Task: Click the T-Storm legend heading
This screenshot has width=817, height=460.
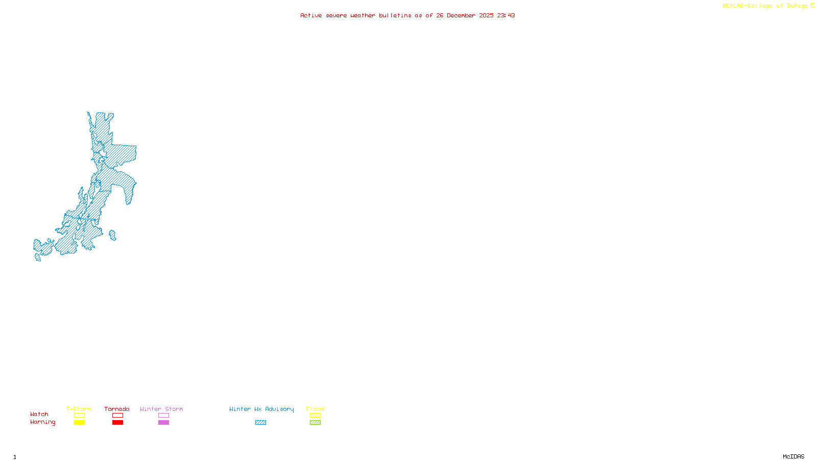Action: coord(79,409)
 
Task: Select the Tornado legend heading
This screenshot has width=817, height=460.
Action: coord(117,409)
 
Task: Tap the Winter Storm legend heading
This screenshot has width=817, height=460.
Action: coord(161,409)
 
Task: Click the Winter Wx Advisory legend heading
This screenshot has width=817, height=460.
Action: coord(261,409)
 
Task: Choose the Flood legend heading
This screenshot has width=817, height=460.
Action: coord(315,409)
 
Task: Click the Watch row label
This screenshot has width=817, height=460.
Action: coord(39,414)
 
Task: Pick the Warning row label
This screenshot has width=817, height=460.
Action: coord(43,422)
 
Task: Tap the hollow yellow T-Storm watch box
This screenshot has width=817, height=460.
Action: coord(79,416)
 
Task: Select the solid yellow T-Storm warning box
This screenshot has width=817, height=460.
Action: coord(79,423)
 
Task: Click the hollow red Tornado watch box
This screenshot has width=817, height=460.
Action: coord(117,416)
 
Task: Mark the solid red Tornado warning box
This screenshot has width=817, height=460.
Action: coord(117,423)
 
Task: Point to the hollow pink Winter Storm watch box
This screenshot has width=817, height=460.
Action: coord(163,416)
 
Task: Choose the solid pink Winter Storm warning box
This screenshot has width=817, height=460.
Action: coord(163,423)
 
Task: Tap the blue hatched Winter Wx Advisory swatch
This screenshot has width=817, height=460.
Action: coord(260,423)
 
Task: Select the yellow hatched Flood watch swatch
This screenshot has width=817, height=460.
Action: coord(315,416)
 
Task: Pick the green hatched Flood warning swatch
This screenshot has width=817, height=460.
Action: coord(315,423)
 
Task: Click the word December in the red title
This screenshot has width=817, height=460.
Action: coord(461,15)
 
